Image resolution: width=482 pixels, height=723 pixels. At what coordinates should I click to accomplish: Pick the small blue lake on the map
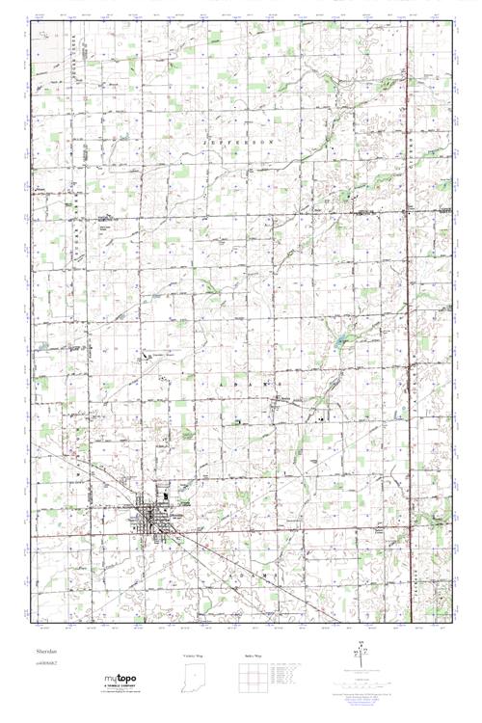click(x=339, y=339)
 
